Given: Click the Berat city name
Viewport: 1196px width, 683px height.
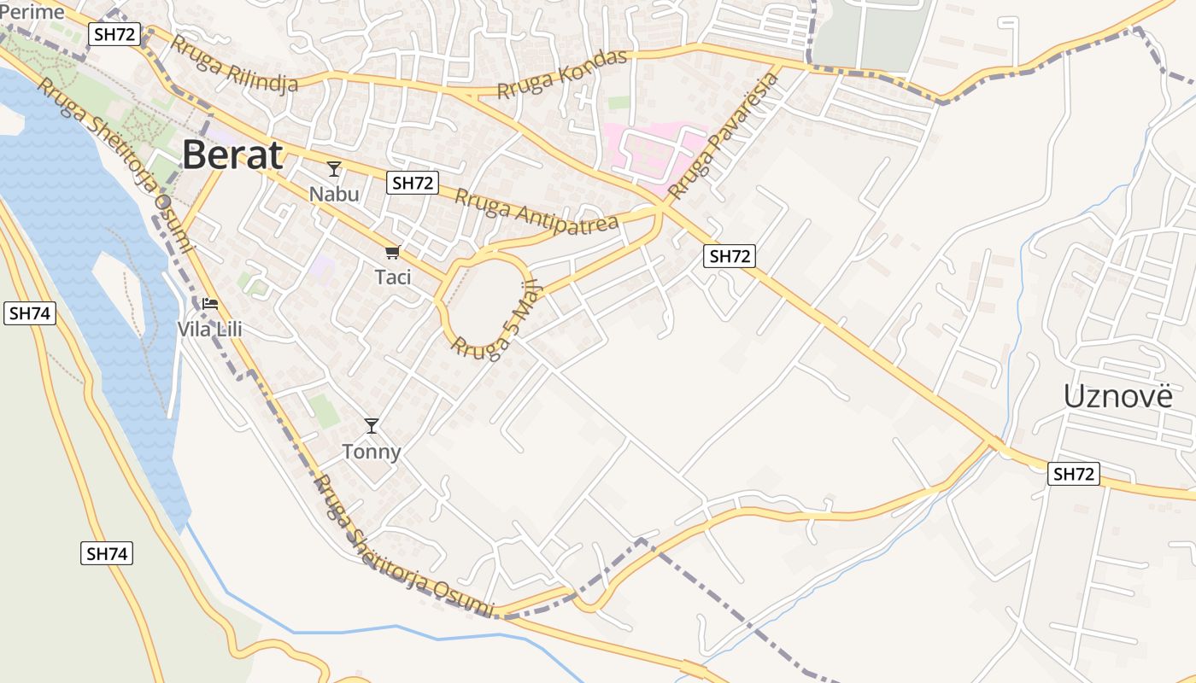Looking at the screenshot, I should (232, 155).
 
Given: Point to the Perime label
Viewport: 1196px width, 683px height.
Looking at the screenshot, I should (32, 12).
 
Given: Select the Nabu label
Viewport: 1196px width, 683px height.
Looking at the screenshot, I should (334, 194).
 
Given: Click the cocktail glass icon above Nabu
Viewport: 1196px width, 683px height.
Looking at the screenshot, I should (334, 169).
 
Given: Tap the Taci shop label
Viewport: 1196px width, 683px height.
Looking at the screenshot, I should (393, 277).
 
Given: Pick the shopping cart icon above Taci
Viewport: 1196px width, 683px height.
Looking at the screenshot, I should (392, 252).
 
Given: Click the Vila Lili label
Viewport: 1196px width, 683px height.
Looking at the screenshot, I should (210, 328).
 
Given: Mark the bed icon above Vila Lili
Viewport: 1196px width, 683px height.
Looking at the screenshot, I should (210, 304).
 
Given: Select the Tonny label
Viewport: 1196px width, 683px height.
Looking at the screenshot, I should (372, 451).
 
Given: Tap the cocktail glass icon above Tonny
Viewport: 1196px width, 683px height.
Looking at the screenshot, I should (372, 425).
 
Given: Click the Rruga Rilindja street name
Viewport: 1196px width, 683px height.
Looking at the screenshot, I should (234, 64).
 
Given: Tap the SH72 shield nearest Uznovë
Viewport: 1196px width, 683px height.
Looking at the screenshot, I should (1073, 475).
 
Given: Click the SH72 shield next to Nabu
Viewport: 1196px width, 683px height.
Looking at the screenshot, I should (412, 183).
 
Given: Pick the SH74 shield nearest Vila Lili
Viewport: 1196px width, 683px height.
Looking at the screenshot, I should (30, 313).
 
